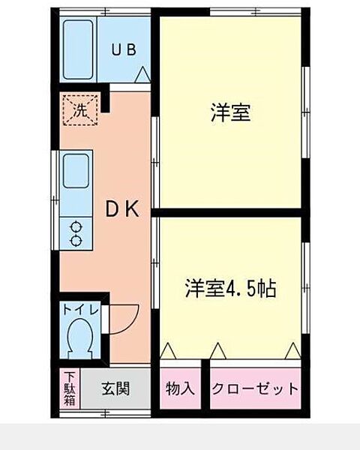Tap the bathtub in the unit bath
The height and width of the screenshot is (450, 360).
click(78, 49)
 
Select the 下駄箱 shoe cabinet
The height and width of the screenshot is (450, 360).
click(69, 388)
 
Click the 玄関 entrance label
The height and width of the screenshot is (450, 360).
click(115, 388)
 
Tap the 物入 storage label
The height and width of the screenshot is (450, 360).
click(180, 389)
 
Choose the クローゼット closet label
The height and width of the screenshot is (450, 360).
click(254, 389)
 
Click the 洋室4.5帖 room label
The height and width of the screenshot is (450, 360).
click(230, 287)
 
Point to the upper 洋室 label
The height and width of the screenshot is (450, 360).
click(229, 114)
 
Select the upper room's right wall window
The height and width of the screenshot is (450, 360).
click(305, 112)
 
